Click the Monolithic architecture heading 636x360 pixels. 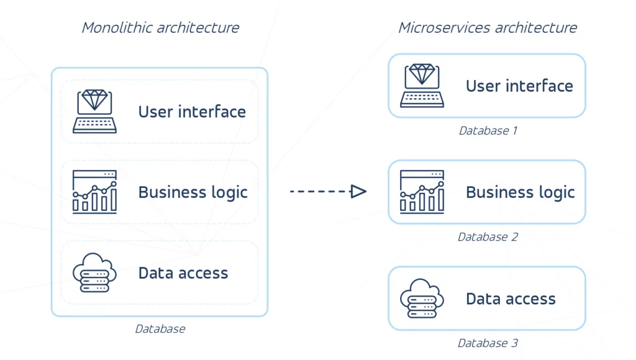(x=160, y=28)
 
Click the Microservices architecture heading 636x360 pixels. (x=488, y=28)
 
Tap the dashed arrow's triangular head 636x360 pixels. (x=358, y=192)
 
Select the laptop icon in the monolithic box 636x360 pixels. (x=94, y=112)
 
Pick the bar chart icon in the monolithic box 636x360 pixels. (x=94, y=192)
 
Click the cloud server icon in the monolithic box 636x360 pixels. (x=94, y=273)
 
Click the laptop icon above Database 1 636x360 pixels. (x=422, y=86)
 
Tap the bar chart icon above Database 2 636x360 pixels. (x=422, y=192)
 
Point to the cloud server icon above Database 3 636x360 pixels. (x=422, y=299)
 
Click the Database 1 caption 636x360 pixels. (x=488, y=131)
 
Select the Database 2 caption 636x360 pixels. (x=488, y=237)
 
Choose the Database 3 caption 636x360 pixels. (x=488, y=343)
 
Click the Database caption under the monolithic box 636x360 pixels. (x=160, y=329)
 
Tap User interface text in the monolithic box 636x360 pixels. (x=192, y=112)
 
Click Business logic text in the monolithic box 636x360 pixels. (x=193, y=192)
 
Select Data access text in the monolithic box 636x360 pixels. (x=183, y=273)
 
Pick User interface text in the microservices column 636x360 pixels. (x=519, y=86)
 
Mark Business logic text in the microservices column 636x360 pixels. (x=520, y=192)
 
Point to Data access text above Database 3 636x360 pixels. (x=511, y=299)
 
